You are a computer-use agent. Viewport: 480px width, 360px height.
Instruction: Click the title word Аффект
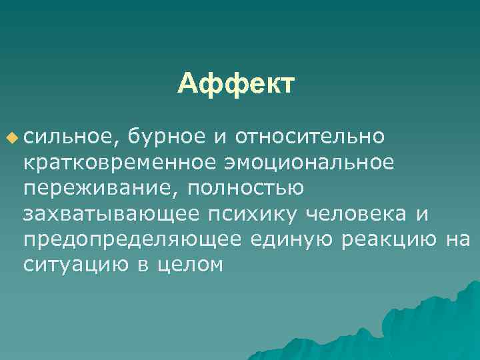coord(235,85)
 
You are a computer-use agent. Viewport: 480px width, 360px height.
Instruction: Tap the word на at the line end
coord(458,239)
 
